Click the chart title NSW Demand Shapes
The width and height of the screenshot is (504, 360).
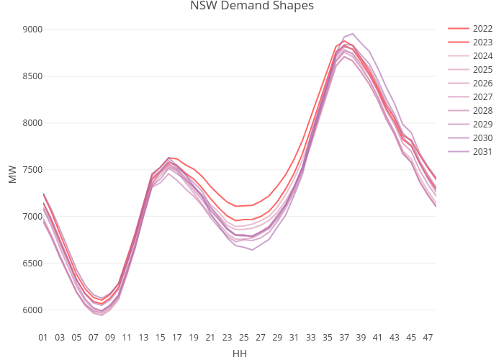pyautogui.click(x=251, y=6)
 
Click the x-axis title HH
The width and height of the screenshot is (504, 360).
pyautogui.click(x=240, y=354)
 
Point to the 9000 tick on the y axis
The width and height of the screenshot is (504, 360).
pyautogui.click(x=32, y=30)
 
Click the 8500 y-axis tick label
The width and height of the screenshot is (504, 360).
pyautogui.click(x=32, y=76)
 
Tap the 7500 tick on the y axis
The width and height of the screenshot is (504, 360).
pyautogui.click(x=32, y=170)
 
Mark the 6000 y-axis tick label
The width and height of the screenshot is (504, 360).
pyautogui.click(x=32, y=310)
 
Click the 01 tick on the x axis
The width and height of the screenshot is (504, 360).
pyautogui.click(x=43, y=337)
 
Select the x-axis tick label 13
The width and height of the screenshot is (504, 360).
pyautogui.click(x=143, y=337)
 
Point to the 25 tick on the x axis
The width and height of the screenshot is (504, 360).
pyautogui.click(x=244, y=337)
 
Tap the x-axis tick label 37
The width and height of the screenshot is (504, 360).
pyautogui.click(x=344, y=337)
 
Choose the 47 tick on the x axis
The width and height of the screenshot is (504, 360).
pyautogui.click(x=428, y=337)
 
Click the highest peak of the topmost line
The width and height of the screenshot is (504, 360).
pyautogui.click(x=353, y=34)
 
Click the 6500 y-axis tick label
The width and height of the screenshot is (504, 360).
pyautogui.click(x=32, y=264)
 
